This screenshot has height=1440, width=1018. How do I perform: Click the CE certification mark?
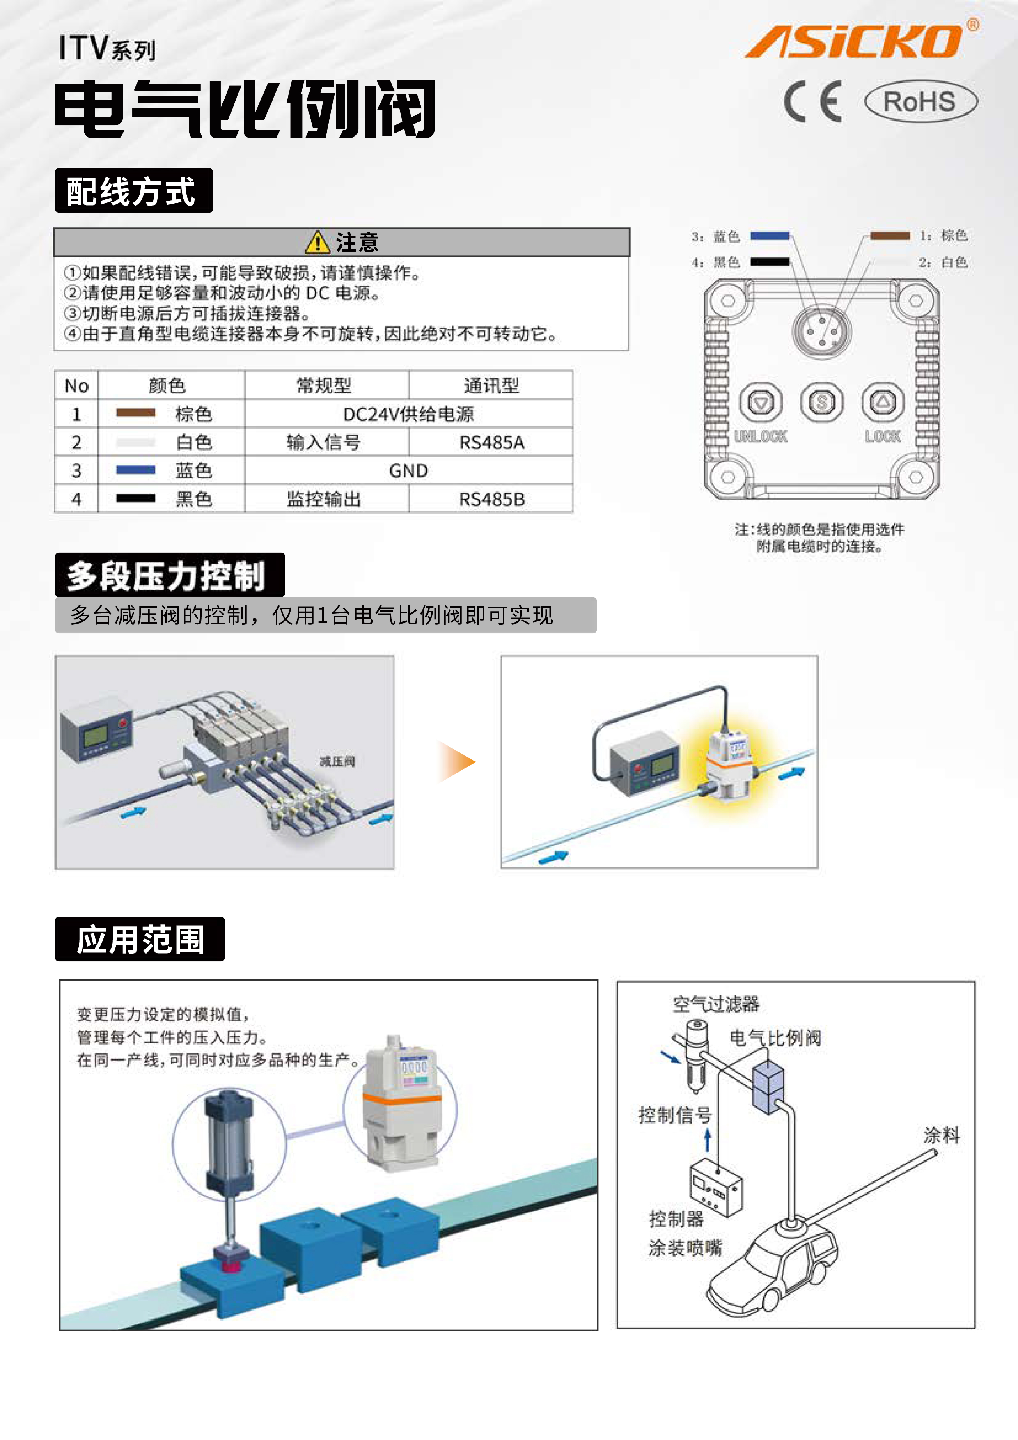[x=813, y=101]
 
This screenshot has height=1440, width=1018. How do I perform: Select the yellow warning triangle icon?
[x=318, y=242]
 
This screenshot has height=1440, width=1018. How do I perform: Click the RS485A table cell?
[x=491, y=442]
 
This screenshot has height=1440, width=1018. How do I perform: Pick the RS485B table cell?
[x=491, y=499]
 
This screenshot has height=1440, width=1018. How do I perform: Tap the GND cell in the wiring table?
[x=408, y=470]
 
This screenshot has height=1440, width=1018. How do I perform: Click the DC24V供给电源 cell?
[x=408, y=414]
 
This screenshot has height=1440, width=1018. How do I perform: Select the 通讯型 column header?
[x=491, y=385]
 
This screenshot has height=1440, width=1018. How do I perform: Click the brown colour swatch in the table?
[x=135, y=413]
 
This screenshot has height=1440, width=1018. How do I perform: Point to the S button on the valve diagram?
[x=822, y=402]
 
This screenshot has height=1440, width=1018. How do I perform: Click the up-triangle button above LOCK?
[x=883, y=402]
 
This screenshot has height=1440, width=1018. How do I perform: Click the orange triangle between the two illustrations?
[x=456, y=761]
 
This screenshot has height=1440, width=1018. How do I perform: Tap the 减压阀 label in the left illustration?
[x=337, y=761]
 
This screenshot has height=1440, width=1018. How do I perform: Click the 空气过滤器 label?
[x=715, y=1004]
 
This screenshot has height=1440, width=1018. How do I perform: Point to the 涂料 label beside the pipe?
[x=942, y=1135]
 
